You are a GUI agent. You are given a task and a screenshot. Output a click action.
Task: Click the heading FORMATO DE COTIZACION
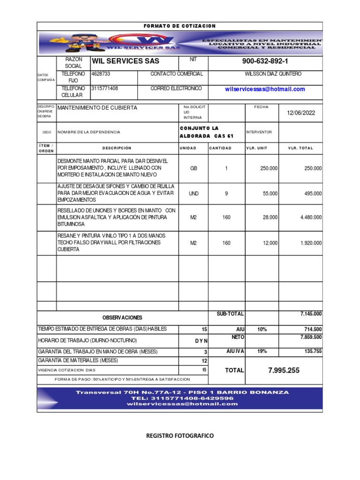point(180,26)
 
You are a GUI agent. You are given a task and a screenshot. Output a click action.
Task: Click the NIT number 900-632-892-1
point(265,61)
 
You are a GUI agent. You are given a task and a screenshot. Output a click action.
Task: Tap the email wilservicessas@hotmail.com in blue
point(265,89)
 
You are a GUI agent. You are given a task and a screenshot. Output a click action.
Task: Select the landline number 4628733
point(99,74)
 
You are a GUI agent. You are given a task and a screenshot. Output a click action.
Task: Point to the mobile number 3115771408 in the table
point(105,88)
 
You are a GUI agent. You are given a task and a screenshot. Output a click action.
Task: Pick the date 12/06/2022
point(301,112)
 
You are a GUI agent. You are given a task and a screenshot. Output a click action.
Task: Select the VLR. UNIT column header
point(256,148)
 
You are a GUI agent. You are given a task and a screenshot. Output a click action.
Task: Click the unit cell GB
point(194,168)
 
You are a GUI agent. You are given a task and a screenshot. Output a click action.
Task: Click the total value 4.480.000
point(311,217)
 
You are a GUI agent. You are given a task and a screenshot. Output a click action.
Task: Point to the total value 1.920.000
point(311,243)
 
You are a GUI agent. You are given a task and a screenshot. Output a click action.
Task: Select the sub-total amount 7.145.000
point(311,314)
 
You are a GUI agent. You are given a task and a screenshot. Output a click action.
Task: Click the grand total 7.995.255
point(284,370)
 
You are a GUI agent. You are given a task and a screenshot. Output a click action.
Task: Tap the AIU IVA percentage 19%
point(262,351)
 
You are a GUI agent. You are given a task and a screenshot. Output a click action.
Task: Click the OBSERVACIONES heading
point(122,318)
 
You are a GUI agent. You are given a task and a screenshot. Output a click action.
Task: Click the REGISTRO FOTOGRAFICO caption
point(180,436)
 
